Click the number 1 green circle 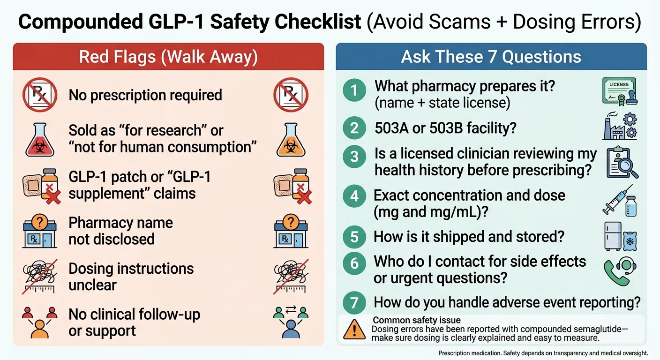coord(354,90)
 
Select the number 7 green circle coord(354,302)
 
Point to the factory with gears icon coord(619,125)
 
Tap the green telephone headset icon coord(619,270)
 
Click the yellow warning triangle coord(354,329)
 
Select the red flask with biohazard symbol coord(39,140)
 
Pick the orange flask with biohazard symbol coord(291,140)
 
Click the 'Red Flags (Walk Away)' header coord(168,57)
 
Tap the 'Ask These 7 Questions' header coord(491,57)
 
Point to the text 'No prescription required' coord(145,95)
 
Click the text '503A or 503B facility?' coord(445,127)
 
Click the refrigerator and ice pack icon coord(619,236)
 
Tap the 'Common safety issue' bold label coord(410,321)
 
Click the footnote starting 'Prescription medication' coord(543,353)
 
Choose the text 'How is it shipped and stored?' coord(469,237)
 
